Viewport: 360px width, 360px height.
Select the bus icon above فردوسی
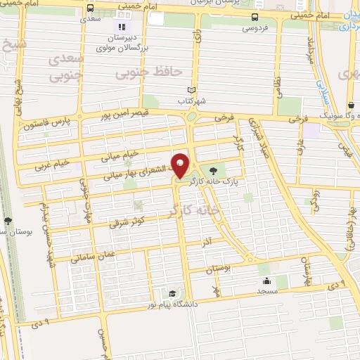pos(254,17)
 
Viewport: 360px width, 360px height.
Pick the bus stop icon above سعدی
pos(90,8)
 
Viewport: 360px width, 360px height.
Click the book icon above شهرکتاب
pos(191,90)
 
